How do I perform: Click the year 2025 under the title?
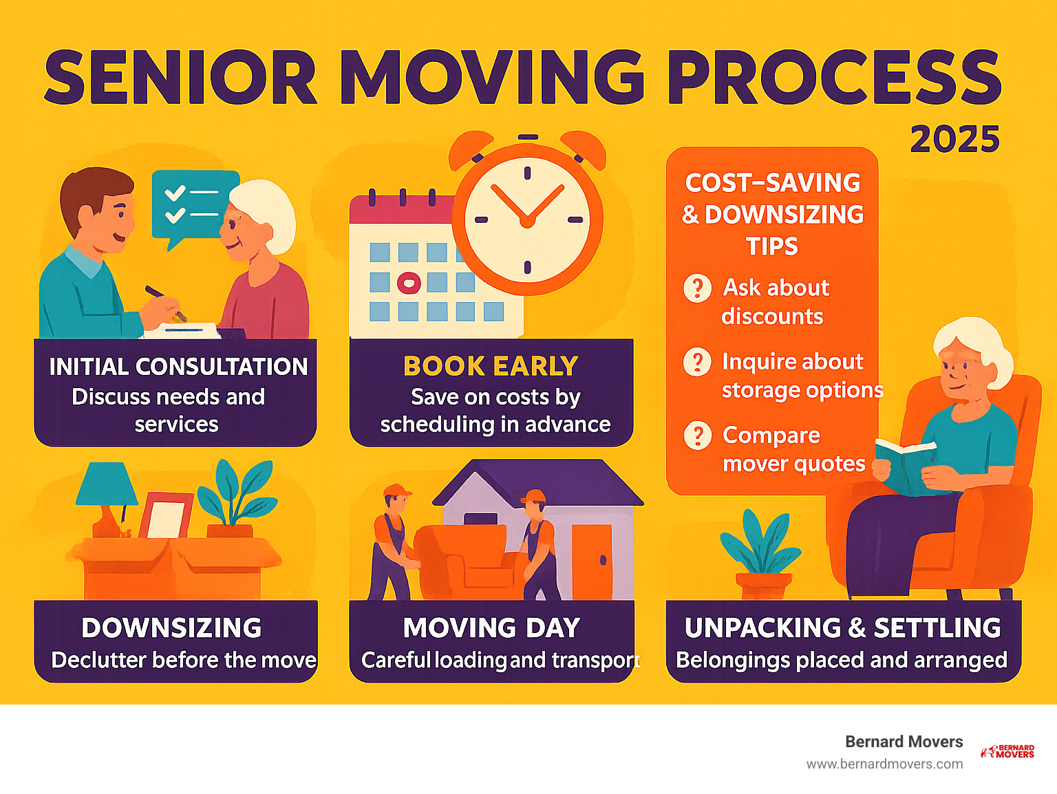click(x=955, y=139)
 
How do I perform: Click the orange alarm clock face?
click(x=527, y=219)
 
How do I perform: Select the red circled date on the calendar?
click(x=409, y=283)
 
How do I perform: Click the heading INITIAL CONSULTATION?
click(x=179, y=367)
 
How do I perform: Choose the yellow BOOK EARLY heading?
click(x=491, y=366)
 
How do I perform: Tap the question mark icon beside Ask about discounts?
click(x=697, y=288)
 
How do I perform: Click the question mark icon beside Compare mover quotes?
click(x=697, y=436)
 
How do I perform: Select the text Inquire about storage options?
click(x=802, y=376)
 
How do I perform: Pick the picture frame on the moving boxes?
click(x=166, y=515)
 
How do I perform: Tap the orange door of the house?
click(x=592, y=561)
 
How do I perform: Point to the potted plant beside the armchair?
click(x=761, y=554)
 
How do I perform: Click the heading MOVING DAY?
click(x=491, y=628)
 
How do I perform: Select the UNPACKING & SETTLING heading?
click(x=843, y=628)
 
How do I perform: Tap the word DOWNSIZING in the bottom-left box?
click(x=171, y=628)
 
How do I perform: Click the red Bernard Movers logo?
click(x=1007, y=751)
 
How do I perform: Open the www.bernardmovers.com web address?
click(x=884, y=764)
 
